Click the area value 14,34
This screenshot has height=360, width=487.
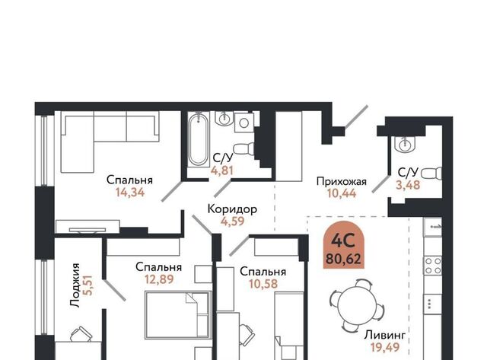[130, 193]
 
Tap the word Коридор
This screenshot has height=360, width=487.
[232, 209]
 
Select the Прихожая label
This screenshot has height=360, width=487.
[342, 181]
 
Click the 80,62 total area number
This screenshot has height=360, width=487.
[343, 259]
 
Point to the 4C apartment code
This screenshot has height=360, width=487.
[343, 241]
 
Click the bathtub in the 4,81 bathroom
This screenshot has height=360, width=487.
[198, 140]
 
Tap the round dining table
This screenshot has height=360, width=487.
[356, 304]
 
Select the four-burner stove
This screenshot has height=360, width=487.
[433, 266]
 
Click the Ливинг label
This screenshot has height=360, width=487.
[385, 336]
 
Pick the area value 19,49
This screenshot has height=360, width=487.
[385, 347]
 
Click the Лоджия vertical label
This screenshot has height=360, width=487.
[75, 285]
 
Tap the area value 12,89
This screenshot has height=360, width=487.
[159, 279]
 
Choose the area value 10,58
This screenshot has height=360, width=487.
[263, 284]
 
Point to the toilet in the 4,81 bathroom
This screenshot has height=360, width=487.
[243, 148]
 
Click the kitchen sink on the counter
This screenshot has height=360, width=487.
[433, 227]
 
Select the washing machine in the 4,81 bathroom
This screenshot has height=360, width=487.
[244, 123]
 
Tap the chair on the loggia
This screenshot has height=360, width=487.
[81, 335]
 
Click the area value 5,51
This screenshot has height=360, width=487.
[88, 285]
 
